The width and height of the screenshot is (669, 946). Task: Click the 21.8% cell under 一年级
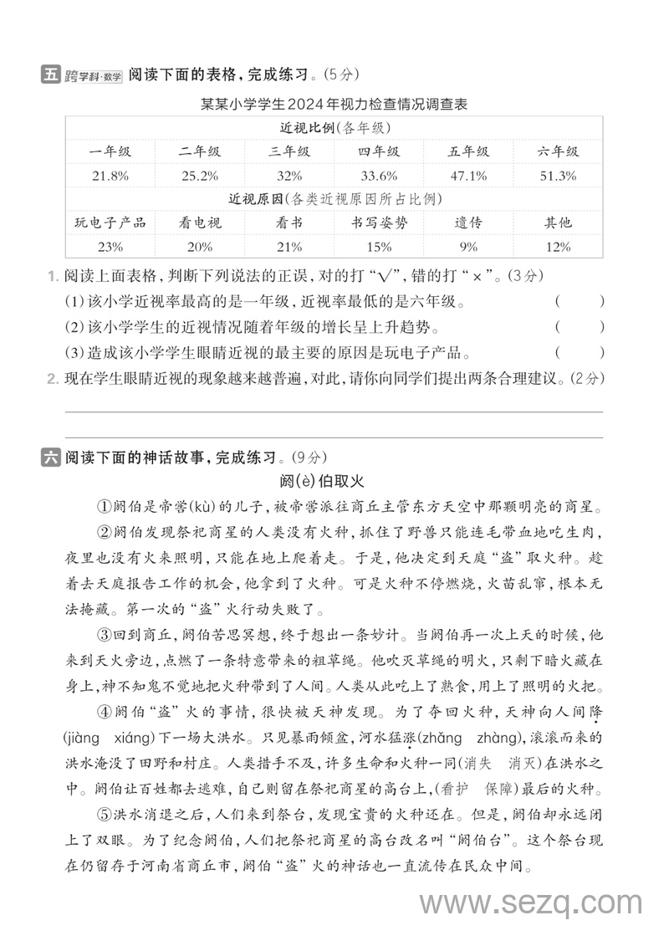click(110, 176)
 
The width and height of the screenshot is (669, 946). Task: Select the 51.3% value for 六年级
click(559, 176)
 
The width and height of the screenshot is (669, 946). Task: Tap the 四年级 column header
click(379, 151)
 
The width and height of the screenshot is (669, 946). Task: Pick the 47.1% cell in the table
click(468, 176)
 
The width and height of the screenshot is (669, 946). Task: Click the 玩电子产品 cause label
click(110, 222)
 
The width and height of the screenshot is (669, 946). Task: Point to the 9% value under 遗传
click(468, 247)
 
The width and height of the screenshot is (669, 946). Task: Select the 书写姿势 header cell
click(379, 222)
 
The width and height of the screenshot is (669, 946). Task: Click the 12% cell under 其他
click(559, 247)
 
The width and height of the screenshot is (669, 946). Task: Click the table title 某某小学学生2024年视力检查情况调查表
click(334, 105)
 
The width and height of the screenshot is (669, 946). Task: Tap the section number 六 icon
click(50, 458)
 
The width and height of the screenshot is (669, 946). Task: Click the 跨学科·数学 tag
click(94, 76)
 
